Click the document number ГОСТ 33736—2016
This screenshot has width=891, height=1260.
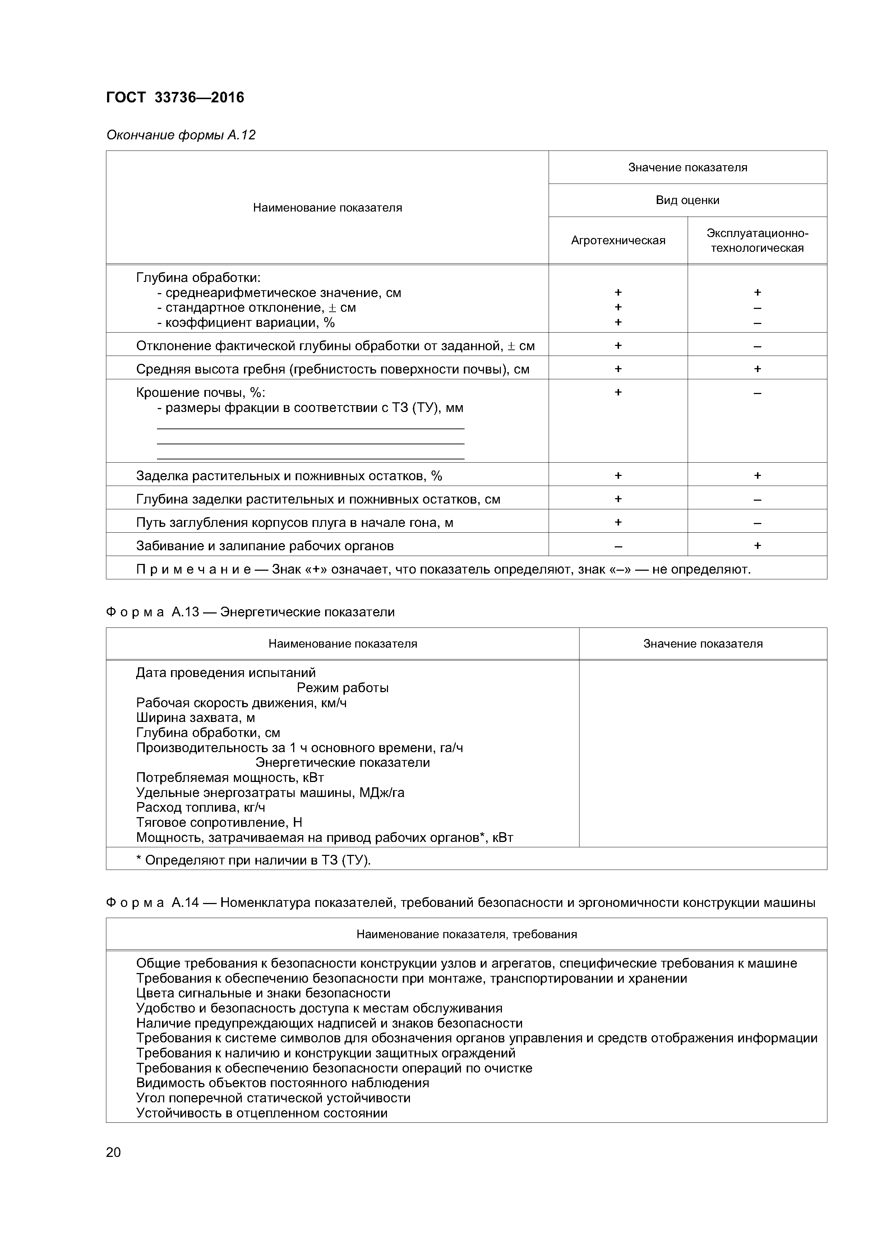tap(175, 98)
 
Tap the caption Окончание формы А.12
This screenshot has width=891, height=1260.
tap(181, 135)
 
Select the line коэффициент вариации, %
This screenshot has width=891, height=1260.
tap(246, 323)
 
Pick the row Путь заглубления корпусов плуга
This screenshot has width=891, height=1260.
tap(295, 523)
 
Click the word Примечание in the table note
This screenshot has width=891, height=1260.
tap(194, 570)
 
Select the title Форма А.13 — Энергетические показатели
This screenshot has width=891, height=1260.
tap(250, 612)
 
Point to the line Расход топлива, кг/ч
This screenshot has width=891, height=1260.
tap(201, 807)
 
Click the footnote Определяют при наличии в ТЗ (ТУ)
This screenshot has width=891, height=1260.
tap(254, 861)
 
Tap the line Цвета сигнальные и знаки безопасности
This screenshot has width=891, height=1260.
tap(263, 993)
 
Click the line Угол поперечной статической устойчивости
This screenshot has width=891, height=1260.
tap(273, 1098)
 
